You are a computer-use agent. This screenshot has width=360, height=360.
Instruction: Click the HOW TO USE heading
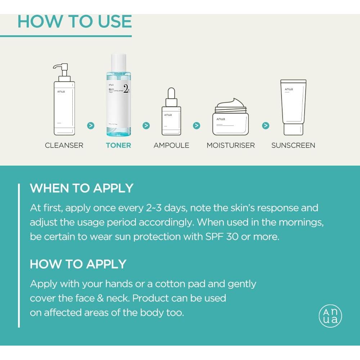click(75, 21)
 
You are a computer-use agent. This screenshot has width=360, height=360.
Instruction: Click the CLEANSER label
click(64, 145)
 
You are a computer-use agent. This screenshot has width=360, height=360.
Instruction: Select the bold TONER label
click(118, 145)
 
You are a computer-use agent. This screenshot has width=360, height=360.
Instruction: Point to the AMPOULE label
click(171, 145)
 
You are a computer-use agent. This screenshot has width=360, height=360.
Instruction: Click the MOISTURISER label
click(231, 145)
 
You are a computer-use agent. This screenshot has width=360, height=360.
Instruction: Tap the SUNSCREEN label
click(293, 145)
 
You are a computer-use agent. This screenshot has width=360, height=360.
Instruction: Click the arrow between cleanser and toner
click(91, 126)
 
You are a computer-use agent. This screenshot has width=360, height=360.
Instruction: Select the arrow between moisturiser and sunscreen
click(266, 126)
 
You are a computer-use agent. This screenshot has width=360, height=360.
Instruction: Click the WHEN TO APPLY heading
click(82, 188)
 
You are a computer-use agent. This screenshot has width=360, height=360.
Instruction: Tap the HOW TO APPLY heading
click(78, 264)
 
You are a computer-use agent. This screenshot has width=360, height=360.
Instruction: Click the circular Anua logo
click(330, 316)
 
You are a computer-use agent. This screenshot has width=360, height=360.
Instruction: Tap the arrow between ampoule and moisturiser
click(197, 126)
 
